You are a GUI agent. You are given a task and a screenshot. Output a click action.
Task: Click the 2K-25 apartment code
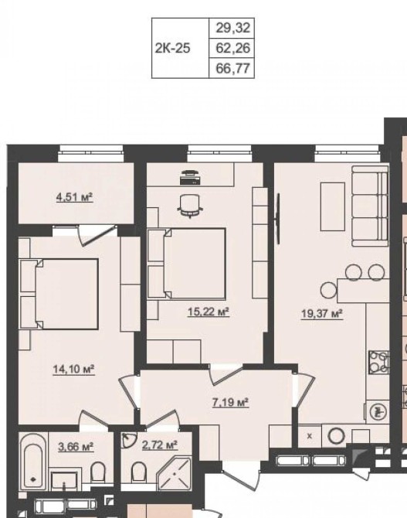click(x=173, y=48)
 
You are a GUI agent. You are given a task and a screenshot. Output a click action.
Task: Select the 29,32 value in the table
click(x=233, y=28)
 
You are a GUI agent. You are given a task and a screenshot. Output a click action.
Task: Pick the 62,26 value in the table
click(x=233, y=48)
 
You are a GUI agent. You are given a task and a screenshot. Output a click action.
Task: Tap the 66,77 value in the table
click(x=233, y=69)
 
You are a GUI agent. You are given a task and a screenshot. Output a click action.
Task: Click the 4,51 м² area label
click(x=74, y=198)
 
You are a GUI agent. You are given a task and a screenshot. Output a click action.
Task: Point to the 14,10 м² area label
click(x=74, y=369)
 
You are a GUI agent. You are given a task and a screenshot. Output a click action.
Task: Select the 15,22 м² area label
click(x=209, y=312)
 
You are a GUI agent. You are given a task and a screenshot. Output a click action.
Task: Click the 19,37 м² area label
click(x=322, y=314)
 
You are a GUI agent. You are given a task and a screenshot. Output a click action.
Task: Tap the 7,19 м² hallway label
click(x=230, y=402)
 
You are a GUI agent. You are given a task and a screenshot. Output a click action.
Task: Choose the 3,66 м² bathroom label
click(x=76, y=447)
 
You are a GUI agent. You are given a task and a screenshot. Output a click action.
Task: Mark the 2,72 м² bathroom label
click(x=160, y=445)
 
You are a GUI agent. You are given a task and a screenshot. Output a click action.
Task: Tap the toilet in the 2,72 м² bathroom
click(x=138, y=472)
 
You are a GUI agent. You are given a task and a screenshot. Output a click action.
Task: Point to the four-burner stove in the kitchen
click(x=378, y=363)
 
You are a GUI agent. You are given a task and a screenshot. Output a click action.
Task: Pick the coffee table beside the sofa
click(x=333, y=206)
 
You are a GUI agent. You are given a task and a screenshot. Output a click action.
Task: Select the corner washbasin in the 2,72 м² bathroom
click(x=127, y=440)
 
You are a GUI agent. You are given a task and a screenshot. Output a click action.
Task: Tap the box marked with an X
click(x=309, y=436)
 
